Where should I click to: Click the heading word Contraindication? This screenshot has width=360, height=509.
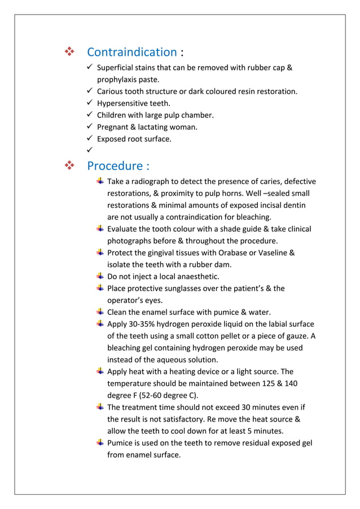click(131, 52)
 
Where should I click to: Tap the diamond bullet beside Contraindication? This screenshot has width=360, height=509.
click(69, 52)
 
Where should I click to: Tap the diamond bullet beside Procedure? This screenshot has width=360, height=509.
click(69, 166)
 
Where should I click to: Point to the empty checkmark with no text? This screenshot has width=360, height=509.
click(90, 151)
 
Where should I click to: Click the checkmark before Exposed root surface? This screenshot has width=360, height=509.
click(90, 139)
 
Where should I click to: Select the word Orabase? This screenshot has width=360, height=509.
click(219, 253)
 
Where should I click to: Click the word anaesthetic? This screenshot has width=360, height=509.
click(194, 277)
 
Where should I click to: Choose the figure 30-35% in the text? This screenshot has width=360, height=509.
click(143, 324)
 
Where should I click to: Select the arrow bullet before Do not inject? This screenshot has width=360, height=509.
click(99, 277)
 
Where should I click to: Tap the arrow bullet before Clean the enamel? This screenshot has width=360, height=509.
click(99, 312)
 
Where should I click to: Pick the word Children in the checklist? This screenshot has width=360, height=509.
click(113, 115)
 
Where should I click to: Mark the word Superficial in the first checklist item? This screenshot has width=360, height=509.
click(117, 68)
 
